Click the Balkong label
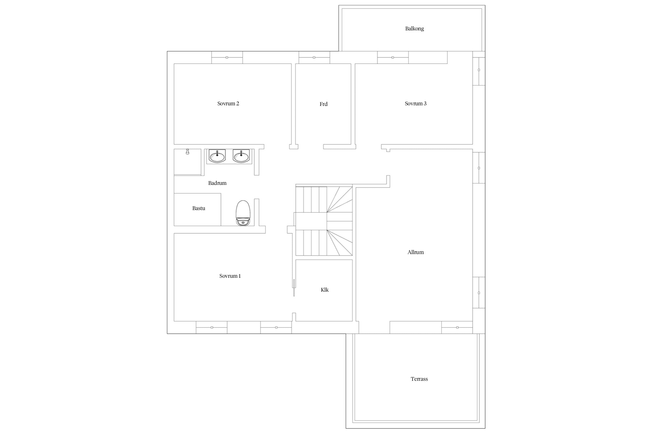click(x=414, y=29)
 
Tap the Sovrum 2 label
click(x=228, y=104)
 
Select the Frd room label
click(x=323, y=104)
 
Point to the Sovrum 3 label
click(x=415, y=104)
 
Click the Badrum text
click(x=217, y=183)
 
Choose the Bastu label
click(x=199, y=208)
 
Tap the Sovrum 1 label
click(x=230, y=276)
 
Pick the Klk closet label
click(x=325, y=290)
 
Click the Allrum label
click(x=415, y=252)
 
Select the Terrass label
click(x=419, y=379)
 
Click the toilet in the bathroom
click(x=243, y=213)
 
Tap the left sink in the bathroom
click(x=217, y=156)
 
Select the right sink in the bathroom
click(x=241, y=156)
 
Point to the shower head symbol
click(x=187, y=152)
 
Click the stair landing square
click(x=311, y=221)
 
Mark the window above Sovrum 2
click(x=227, y=57)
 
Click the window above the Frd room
click(x=314, y=57)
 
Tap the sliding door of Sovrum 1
click(x=294, y=288)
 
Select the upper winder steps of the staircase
click(x=340, y=200)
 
